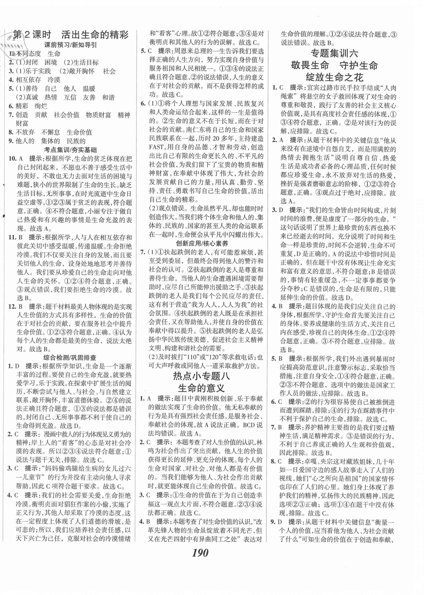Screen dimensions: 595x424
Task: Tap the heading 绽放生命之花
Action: coord(334,77)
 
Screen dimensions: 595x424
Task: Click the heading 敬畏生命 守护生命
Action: coord(334,65)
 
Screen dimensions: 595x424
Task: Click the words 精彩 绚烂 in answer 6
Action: coord(32,106)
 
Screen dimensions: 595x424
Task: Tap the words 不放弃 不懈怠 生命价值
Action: coord(54,132)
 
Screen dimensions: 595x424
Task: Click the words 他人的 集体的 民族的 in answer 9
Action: coord(51,141)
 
